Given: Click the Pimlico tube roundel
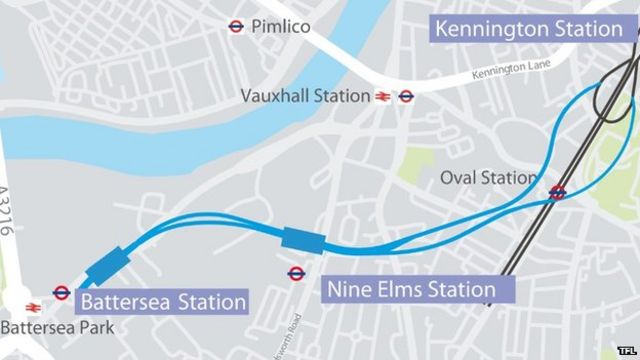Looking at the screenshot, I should point(237,27).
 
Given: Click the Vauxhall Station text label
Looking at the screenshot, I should point(304,96).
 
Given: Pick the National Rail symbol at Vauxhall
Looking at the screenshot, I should point(382,97).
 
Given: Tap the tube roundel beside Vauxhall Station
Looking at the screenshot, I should point(406,97).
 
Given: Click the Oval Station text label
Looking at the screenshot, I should point(489,178).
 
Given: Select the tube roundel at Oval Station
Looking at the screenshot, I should point(557,193).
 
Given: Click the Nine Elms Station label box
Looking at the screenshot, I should point(411,291).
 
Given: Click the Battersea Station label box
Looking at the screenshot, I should point(162,301).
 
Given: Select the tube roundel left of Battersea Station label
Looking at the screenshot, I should point(61,292).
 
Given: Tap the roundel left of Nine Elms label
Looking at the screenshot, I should point(296,272).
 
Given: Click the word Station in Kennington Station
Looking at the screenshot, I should point(583,27).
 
